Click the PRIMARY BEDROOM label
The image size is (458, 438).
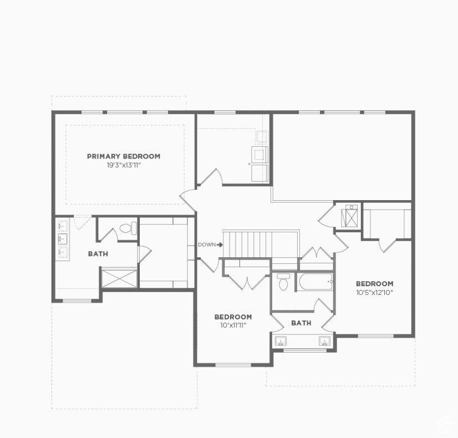[x=123, y=156]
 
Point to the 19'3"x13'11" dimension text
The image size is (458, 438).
[x=123, y=165]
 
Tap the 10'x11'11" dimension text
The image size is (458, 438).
[x=233, y=325]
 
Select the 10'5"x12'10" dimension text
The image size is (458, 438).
[x=374, y=292]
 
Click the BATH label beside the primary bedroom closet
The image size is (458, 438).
[x=98, y=254]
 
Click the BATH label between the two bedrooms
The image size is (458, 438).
[x=301, y=323]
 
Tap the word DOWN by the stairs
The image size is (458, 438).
[x=207, y=245]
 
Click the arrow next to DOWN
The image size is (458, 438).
[x=220, y=245]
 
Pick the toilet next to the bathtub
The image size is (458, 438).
[x=283, y=282]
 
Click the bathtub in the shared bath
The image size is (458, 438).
[x=315, y=282]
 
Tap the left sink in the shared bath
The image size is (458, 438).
[x=281, y=341]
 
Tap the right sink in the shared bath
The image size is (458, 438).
[x=324, y=341]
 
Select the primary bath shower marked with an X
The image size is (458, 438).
[x=119, y=278]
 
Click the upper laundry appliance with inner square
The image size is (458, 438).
[x=260, y=154]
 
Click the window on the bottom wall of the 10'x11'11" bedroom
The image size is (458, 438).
[x=233, y=365]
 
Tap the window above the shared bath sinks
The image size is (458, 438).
[x=304, y=350]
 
